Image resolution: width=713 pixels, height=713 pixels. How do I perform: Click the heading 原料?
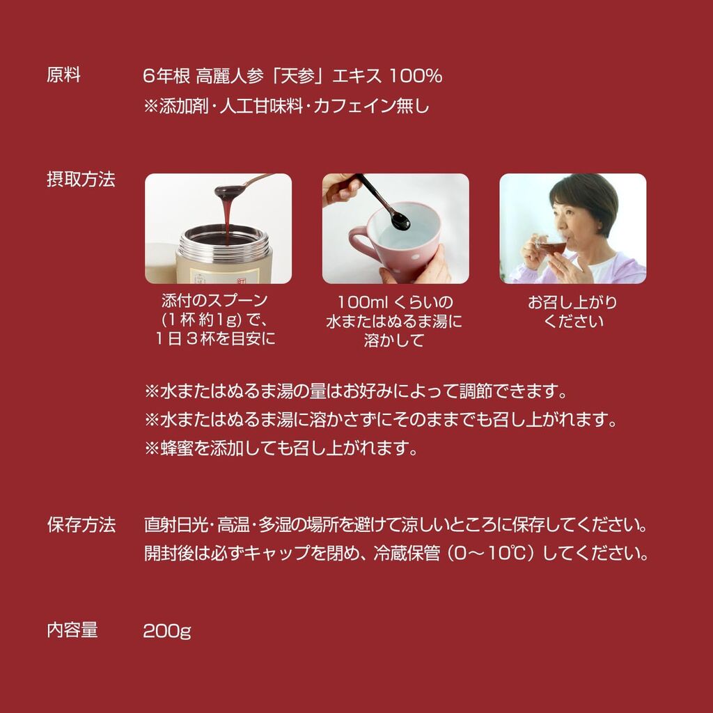coord(63,75)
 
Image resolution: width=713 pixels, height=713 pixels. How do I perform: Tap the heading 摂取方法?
coord(81,179)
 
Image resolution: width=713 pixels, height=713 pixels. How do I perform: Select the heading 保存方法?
coord(81,525)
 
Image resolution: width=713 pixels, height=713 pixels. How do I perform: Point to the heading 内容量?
coord(72,630)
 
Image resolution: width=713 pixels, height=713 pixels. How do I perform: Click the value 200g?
coord(167,631)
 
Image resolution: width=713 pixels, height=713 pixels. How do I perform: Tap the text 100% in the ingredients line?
coord(416,76)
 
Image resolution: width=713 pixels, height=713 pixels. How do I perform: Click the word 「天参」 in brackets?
coord(297,76)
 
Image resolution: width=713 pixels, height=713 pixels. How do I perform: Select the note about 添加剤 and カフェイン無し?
coord(286,106)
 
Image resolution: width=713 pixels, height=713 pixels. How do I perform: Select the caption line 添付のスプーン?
coord(214,300)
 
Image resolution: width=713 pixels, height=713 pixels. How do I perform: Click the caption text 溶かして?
coord(394,340)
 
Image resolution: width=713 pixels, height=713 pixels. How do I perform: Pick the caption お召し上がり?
coord(572,302)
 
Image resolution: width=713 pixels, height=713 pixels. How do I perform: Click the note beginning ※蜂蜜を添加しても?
coord(281,448)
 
